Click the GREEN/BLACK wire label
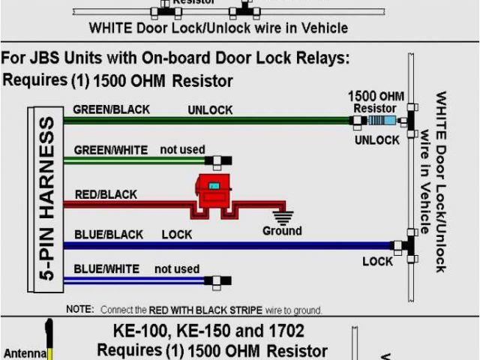111,109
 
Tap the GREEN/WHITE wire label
110,150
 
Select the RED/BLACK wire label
106,195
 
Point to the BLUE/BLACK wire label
109,235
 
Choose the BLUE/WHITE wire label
107,269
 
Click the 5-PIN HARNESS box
45,199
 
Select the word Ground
282,231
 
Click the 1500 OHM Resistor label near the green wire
375,103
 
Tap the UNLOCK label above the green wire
210,109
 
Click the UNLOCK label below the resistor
376,140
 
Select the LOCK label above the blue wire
177,235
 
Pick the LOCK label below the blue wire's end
377,262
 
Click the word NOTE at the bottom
79,310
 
